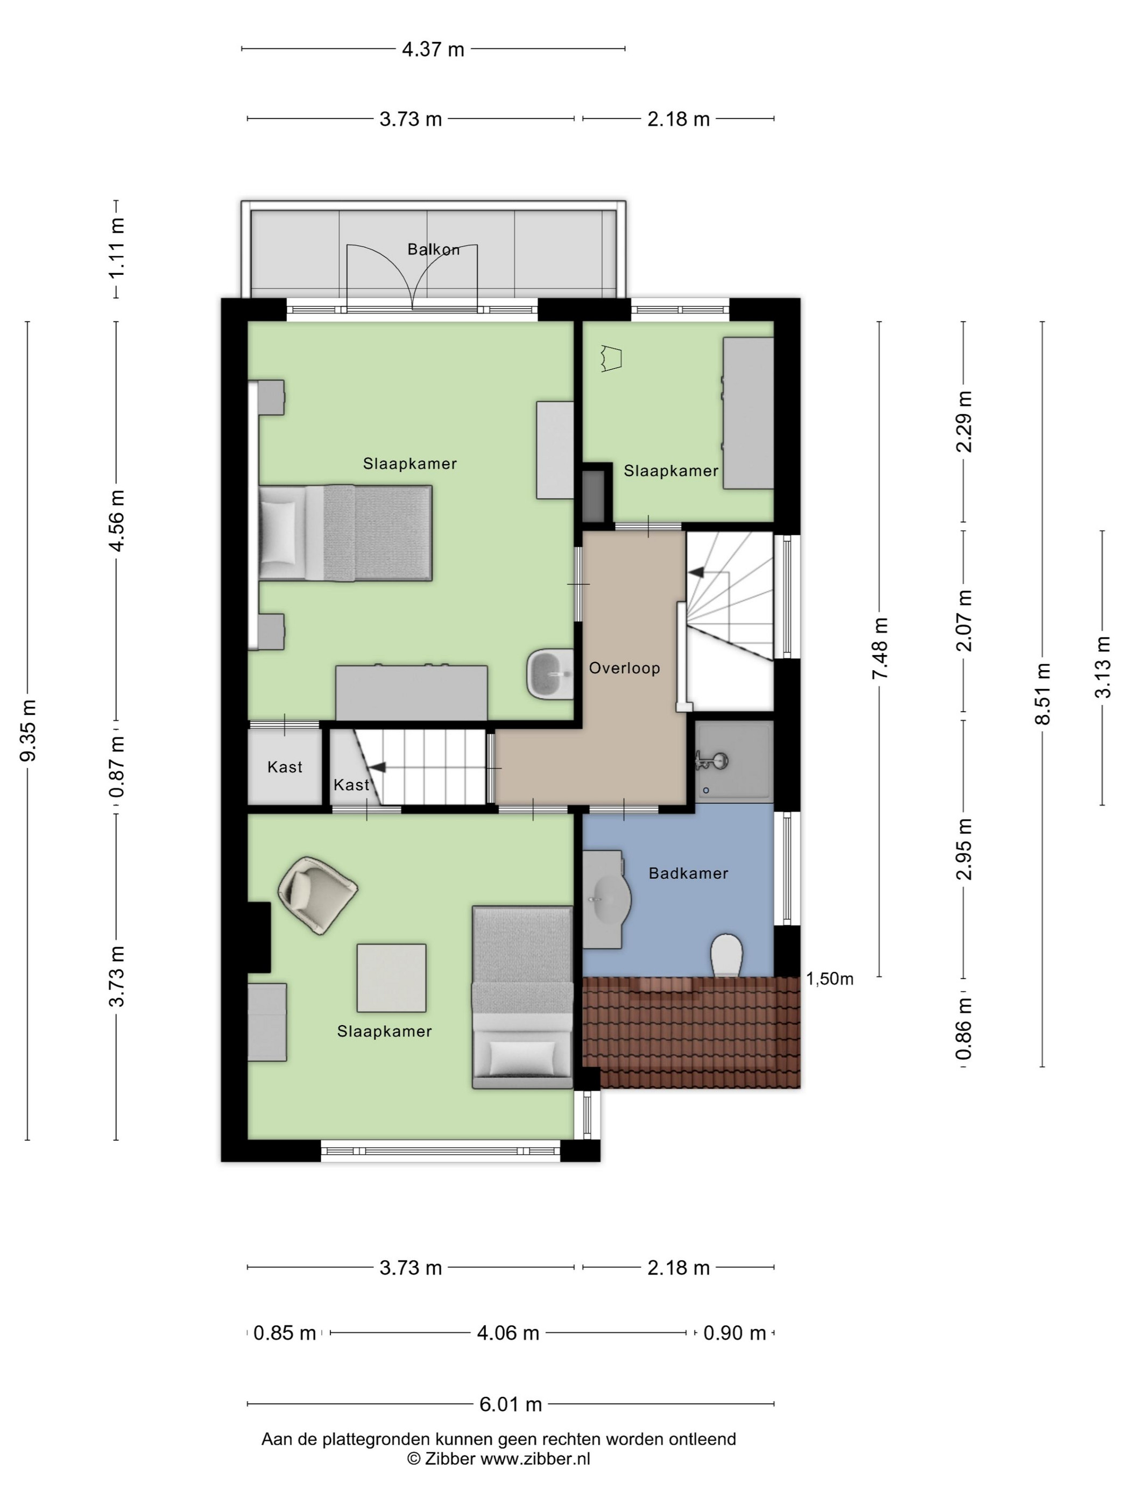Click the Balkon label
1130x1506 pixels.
(433, 249)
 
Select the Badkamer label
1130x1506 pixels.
(688, 873)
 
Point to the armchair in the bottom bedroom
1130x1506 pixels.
(318, 894)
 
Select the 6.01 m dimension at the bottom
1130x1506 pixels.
(511, 1404)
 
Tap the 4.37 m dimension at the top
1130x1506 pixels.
(433, 49)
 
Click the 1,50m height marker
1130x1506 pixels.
(830, 979)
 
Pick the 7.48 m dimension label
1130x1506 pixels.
(881, 648)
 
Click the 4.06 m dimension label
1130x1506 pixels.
(508, 1332)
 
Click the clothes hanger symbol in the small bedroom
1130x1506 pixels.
(612, 358)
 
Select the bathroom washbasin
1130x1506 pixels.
(606, 899)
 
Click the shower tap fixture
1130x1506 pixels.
(712, 761)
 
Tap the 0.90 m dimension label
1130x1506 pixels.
(734, 1332)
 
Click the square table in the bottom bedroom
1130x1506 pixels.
(392, 978)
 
